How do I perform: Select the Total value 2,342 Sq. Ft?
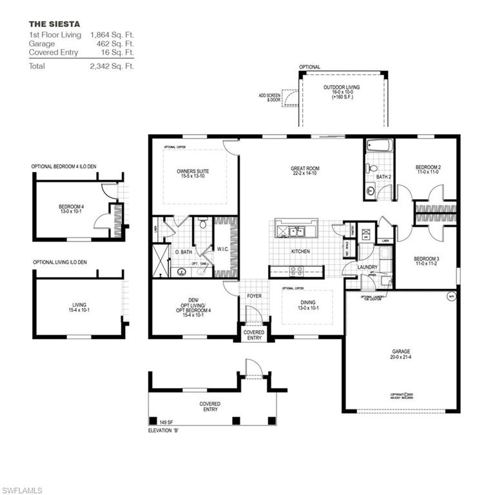coord(112,66)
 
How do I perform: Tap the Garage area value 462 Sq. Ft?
coord(112,44)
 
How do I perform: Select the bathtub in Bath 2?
coord(378,146)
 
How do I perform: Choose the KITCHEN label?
coord(300,251)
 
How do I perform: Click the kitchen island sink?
coord(295,231)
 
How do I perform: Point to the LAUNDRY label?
coord(350,267)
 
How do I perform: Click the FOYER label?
coord(254,296)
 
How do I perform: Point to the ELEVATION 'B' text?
coord(163,429)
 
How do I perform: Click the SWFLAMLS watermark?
coord(22,490)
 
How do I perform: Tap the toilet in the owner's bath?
coord(202,225)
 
